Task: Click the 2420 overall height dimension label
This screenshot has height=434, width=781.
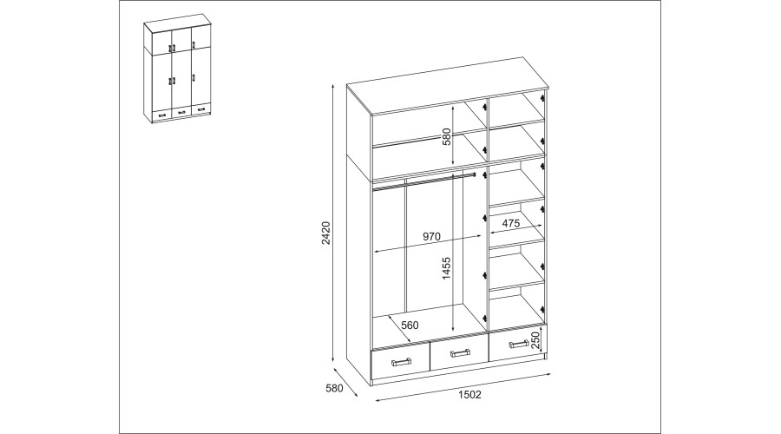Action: (326, 233)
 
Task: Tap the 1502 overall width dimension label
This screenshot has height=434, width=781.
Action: (469, 395)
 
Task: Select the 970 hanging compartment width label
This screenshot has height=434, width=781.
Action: (431, 237)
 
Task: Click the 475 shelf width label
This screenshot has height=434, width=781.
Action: (511, 223)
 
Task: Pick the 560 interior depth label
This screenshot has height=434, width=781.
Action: (410, 325)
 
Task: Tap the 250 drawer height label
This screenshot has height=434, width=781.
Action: (535, 340)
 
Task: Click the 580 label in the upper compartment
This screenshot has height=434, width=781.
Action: (446, 137)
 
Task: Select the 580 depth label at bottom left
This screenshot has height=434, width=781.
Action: (334, 388)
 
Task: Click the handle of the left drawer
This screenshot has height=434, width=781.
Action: (401, 361)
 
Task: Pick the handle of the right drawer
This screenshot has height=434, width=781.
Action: (519, 344)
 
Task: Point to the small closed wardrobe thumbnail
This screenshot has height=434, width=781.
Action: (177, 69)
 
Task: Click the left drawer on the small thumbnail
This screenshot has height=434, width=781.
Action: (162, 115)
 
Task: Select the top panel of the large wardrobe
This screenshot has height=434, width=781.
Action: (446, 86)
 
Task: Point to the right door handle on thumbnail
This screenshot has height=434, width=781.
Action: (194, 78)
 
